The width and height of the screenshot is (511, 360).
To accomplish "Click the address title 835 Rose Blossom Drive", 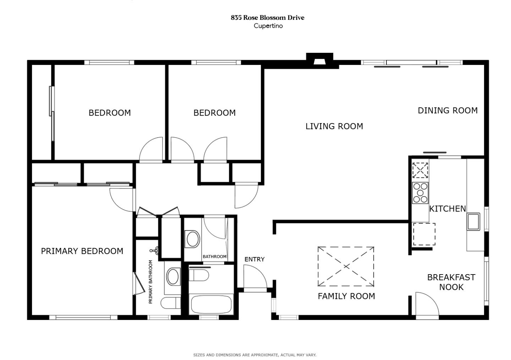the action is point(268,17).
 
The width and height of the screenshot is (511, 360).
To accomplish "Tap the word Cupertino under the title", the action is point(268,26).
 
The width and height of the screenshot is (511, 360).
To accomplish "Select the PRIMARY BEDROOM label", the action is point(82,251).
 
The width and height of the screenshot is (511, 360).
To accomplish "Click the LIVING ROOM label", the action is point(334,126).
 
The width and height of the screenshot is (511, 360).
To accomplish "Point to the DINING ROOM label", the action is point(447,111).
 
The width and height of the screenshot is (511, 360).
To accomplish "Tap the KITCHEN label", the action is point(447,209).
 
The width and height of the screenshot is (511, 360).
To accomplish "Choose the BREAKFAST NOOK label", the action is point(451,282).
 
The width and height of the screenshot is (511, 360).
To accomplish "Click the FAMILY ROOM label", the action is point(346,296).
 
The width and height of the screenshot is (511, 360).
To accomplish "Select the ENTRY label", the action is point(254,259).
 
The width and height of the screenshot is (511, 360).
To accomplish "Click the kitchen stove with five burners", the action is point(420,193).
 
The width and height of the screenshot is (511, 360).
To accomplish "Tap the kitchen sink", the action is point(473,222).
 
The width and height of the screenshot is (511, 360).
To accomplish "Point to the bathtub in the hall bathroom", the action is point(211,304).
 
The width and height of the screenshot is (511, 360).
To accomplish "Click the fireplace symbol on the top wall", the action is point(319,60).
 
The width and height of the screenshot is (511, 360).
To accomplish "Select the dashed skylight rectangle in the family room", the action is point(346,266).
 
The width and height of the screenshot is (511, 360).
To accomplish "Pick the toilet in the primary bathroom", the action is point(170,303).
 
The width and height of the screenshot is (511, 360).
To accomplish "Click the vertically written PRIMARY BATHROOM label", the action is point(150,282).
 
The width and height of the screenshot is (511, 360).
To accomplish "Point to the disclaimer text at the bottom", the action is point(255,355).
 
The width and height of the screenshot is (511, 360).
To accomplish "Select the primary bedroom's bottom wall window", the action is point(83,317).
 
